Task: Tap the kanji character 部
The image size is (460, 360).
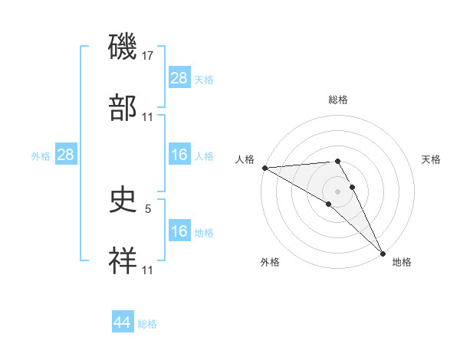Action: tap(123, 107)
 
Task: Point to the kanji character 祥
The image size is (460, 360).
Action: tap(123, 261)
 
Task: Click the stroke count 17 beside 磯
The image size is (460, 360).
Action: tap(148, 55)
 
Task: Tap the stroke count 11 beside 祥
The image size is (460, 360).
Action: tap(148, 270)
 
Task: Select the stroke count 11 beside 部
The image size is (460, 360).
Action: tap(148, 116)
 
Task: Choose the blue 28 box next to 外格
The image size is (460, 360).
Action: tap(65, 155)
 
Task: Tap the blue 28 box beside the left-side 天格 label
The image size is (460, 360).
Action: tap(179, 78)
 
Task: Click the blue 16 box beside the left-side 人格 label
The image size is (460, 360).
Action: tap(179, 155)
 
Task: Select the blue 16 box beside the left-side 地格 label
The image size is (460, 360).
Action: tap(179, 231)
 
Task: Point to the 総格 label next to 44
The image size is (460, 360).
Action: tap(147, 324)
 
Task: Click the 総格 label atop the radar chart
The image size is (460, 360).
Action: tap(338, 100)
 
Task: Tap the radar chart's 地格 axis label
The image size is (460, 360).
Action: tap(402, 262)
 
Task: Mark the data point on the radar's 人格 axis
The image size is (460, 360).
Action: tap(264, 168)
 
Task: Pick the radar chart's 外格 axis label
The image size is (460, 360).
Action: tap(270, 262)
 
